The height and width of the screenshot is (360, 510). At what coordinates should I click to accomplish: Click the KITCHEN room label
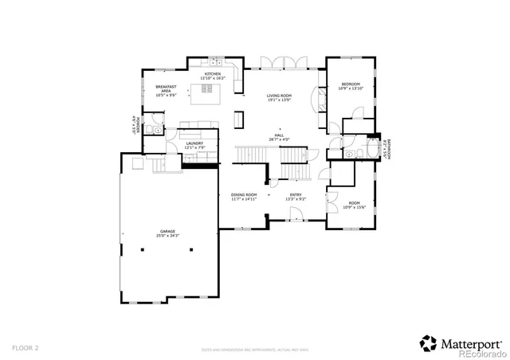point(213,74)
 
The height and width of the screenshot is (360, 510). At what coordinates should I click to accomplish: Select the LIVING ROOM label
point(279,96)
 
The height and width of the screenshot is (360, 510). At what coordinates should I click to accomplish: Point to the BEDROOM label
point(351,84)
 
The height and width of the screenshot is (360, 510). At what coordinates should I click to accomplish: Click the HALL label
point(279,135)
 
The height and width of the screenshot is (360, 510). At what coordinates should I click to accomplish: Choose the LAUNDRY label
point(195,143)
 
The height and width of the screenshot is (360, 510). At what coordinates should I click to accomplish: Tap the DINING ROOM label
point(244,194)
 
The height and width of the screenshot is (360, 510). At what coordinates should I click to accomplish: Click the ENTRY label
point(296,194)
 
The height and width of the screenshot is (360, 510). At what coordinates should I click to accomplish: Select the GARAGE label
point(167,232)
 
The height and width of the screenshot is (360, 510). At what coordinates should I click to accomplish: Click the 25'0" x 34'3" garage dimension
point(167,236)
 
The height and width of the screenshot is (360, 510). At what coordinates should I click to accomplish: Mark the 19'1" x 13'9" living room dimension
point(279,100)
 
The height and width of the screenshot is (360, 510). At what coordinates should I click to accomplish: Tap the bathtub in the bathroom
point(369,151)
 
